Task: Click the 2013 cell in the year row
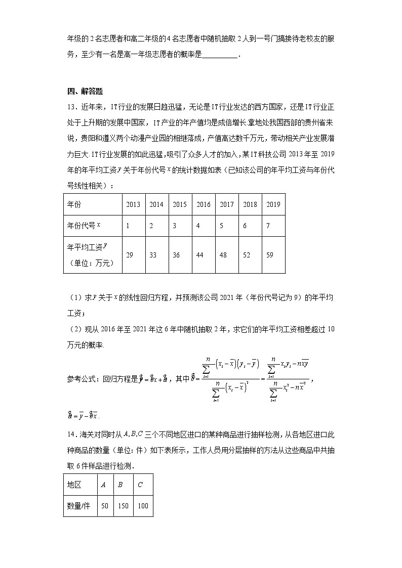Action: click(133, 204)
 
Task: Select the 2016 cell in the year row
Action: click(203, 204)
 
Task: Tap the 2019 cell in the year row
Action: click(273, 204)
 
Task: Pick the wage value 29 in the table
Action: click(130, 255)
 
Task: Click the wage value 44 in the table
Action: click(199, 255)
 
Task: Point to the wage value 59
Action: click(269, 255)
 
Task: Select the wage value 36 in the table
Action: click(176, 255)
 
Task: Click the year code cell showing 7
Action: click(268, 226)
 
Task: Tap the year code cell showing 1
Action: click(128, 226)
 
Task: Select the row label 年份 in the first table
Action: click(74, 204)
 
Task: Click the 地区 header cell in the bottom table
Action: click(74, 484)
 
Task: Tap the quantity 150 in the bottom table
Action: click(123, 506)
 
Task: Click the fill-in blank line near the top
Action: click(219, 57)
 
